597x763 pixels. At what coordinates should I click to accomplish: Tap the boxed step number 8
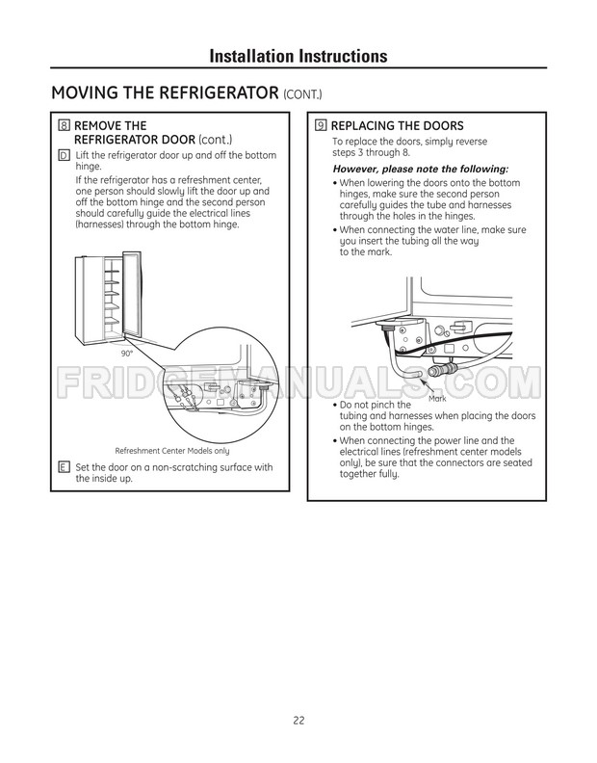point(65,126)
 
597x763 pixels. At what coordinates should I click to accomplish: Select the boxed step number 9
point(321,126)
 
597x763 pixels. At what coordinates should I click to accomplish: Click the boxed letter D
point(64,155)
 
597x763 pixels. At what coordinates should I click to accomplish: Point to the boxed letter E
point(64,467)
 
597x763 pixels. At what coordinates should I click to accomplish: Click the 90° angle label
point(126,354)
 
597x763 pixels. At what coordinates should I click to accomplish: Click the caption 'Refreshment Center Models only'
point(172,451)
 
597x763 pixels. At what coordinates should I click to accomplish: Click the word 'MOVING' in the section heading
point(85,93)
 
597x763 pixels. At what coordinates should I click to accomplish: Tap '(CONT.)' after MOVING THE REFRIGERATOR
point(303,94)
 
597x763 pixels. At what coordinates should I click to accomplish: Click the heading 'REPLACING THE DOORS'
point(397,126)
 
